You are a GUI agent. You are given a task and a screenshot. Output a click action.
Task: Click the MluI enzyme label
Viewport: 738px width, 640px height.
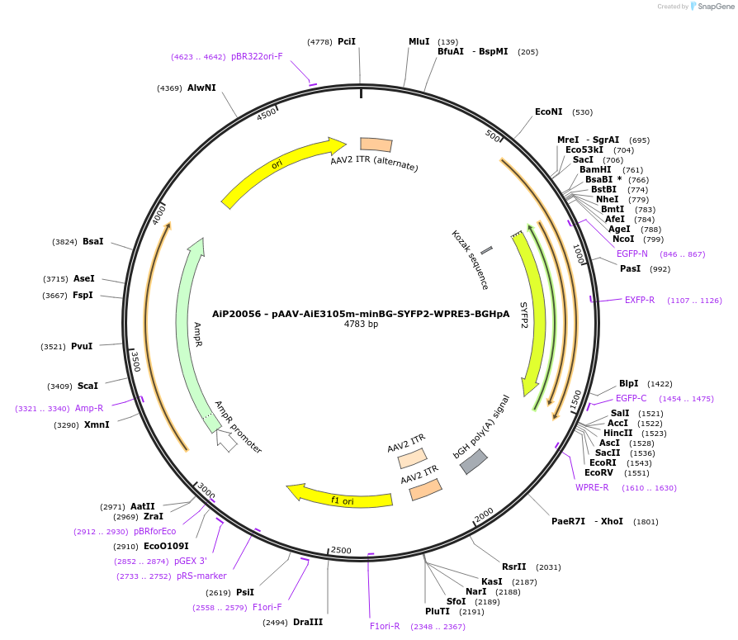[419, 41]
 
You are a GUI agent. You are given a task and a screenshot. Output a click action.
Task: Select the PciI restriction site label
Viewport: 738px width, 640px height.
[347, 41]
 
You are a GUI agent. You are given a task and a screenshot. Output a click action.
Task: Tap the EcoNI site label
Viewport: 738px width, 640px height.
[548, 111]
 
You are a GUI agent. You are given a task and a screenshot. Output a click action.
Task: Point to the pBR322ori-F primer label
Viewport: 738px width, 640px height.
[257, 56]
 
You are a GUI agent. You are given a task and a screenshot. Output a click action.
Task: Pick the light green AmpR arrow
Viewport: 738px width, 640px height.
[192, 330]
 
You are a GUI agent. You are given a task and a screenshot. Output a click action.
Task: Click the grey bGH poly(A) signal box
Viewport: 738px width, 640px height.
[473, 462]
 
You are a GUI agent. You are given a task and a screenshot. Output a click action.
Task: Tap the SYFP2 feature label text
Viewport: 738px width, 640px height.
[523, 315]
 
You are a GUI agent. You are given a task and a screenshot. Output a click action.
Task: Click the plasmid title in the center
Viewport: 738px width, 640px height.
[361, 313]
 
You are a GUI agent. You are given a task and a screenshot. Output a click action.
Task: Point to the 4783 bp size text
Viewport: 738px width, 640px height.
[361, 325]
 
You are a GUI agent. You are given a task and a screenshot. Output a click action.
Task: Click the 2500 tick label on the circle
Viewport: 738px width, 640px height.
[340, 550]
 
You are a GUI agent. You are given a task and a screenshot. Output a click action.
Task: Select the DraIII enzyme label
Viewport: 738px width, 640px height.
[307, 622]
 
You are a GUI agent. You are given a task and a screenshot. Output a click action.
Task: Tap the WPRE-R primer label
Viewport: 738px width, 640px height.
[592, 487]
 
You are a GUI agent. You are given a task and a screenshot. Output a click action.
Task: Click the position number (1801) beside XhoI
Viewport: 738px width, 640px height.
[646, 522]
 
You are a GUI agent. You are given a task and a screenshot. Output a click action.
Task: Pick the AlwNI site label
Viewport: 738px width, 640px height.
[201, 88]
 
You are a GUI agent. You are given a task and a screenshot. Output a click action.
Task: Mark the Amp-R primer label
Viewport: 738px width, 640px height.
[89, 408]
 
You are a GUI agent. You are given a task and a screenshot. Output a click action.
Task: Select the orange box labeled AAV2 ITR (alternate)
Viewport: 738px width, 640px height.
[376, 145]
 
